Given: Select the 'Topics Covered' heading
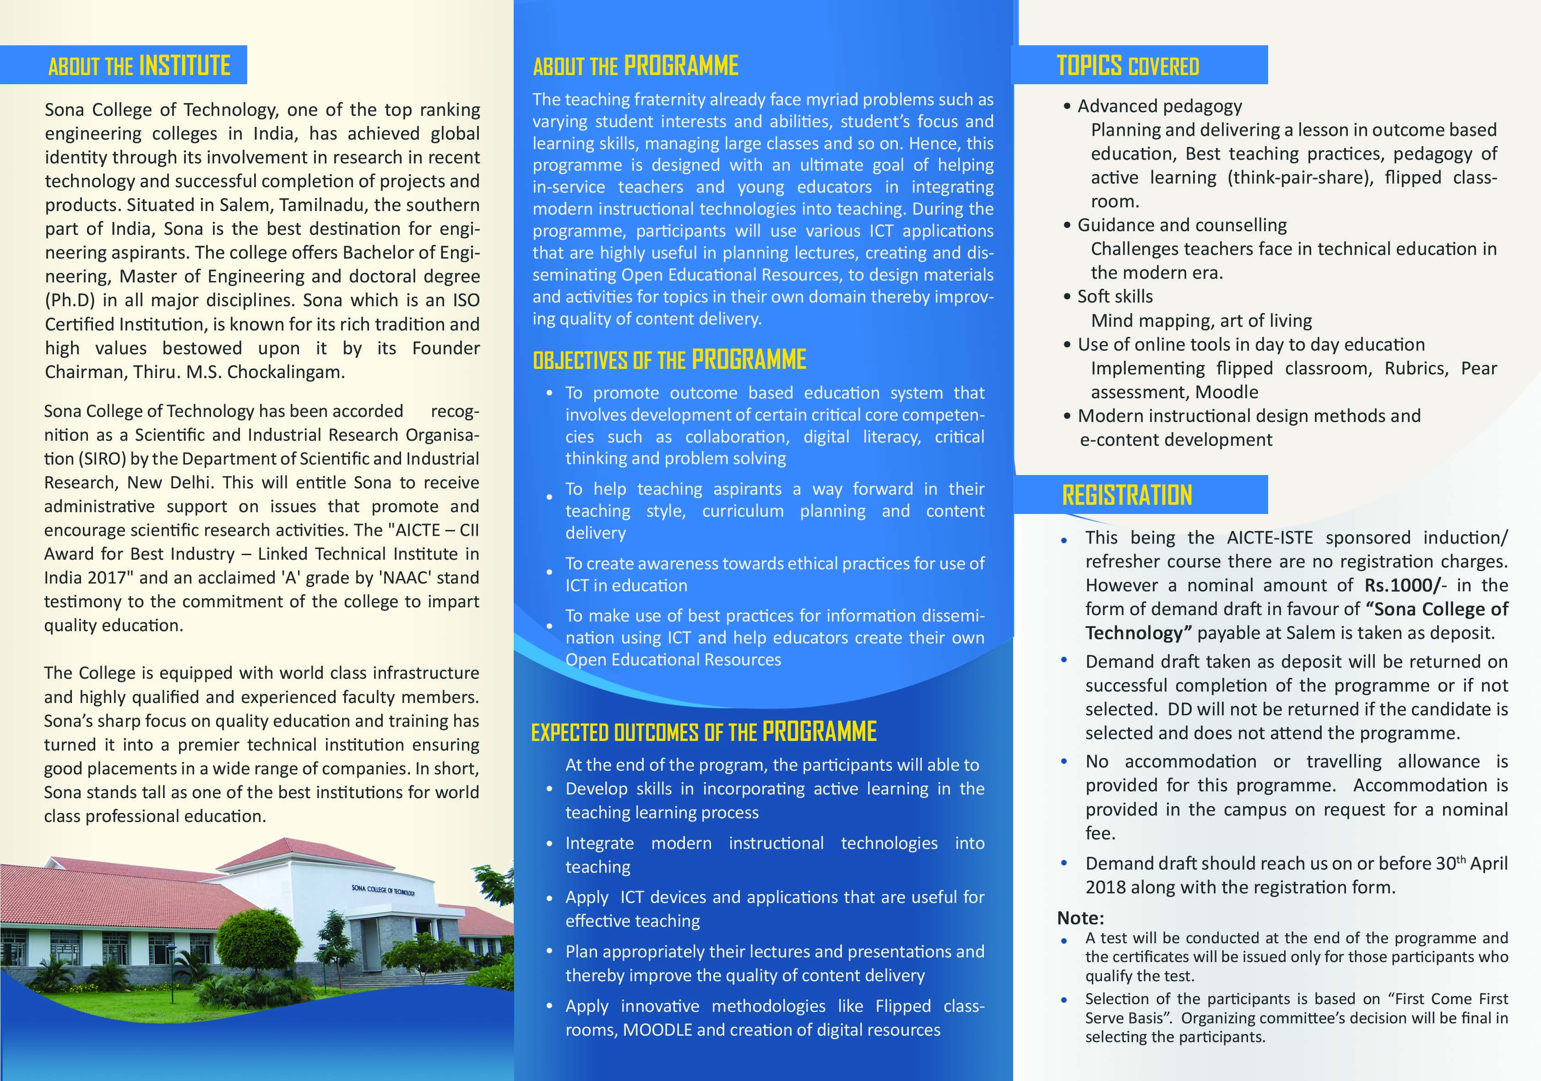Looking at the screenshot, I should [1128, 66].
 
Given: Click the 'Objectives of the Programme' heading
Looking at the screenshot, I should [669, 360].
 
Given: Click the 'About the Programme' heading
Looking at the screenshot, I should [635, 66].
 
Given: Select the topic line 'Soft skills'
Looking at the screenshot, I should [1115, 297].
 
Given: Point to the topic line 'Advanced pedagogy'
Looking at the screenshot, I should [1160, 106].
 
